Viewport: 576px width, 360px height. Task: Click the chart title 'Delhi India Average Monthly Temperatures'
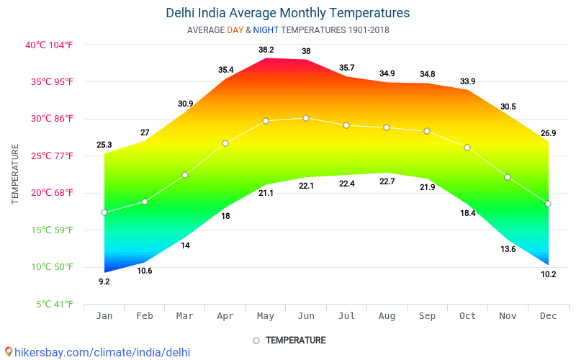[x=288, y=13]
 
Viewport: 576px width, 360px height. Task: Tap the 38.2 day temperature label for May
[x=266, y=50]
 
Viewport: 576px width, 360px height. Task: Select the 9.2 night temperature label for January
[x=104, y=282]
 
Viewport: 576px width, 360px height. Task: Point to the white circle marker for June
[x=306, y=117]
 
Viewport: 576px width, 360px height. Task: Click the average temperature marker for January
[x=104, y=212]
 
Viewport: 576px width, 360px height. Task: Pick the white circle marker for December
[x=548, y=204]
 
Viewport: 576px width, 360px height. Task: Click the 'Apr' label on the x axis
[x=225, y=315]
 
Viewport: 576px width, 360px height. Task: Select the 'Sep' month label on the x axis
[x=427, y=315]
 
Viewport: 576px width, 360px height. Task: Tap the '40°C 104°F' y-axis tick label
[x=49, y=45]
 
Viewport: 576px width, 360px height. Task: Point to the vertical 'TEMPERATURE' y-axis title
[x=15, y=174]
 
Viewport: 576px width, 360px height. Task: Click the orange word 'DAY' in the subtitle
[x=235, y=30]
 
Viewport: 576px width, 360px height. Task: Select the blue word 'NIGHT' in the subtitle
[x=265, y=30]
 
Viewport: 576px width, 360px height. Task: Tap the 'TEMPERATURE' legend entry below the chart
[x=295, y=340]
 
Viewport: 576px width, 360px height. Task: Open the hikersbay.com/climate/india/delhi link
[x=102, y=352]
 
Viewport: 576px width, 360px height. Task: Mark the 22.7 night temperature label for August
[x=387, y=181]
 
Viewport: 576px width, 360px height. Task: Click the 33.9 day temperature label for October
[x=467, y=81]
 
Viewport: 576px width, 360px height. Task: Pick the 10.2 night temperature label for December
[x=548, y=274]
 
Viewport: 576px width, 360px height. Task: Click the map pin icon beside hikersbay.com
[x=9, y=351]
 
